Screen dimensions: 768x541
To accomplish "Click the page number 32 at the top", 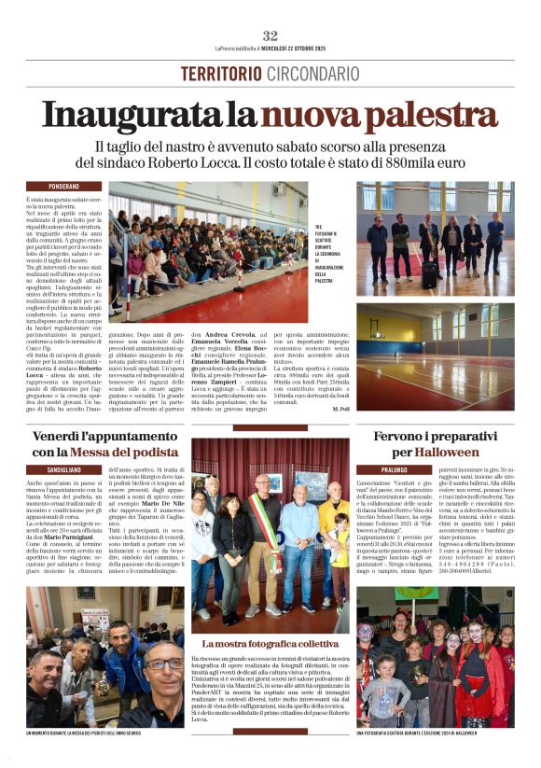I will [x=270, y=35].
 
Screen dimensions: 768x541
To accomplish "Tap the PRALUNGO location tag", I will [x=372, y=468].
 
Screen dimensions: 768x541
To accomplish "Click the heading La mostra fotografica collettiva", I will [x=270, y=643].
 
